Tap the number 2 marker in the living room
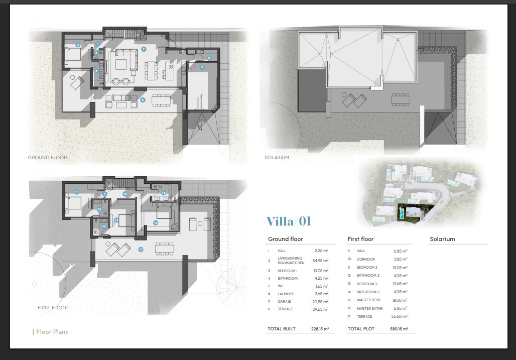[x=144, y=49]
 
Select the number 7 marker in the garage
[x=202, y=67]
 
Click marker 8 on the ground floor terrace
[x=143, y=100]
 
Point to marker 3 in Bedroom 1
[x=78, y=45]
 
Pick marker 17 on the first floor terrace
[x=141, y=249]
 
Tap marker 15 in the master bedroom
[x=156, y=222]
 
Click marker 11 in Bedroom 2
[x=76, y=192]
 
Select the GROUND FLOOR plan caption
[x=47, y=158]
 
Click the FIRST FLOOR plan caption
[x=52, y=307]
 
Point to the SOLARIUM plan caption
[x=277, y=158]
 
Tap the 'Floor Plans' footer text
[x=52, y=332]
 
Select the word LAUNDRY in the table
[x=286, y=294]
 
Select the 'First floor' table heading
[x=360, y=239]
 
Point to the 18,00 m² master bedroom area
[x=400, y=300]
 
